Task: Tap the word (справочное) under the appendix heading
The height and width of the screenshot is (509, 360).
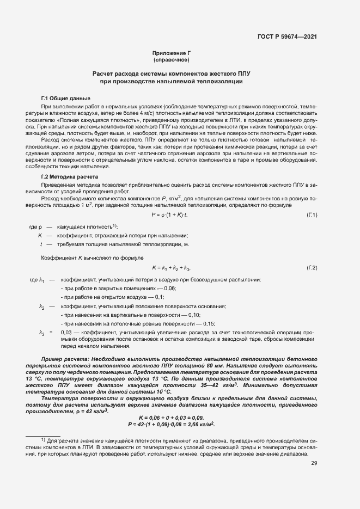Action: [x=172, y=59]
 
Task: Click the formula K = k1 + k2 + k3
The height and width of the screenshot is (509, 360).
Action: [x=170, y=268]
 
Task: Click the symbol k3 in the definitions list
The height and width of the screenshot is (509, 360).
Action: [x=42, y=333]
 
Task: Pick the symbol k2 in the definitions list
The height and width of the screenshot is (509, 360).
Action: [x=42, y=306]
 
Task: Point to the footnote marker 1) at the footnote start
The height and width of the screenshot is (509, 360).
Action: [x=44, y=439]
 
